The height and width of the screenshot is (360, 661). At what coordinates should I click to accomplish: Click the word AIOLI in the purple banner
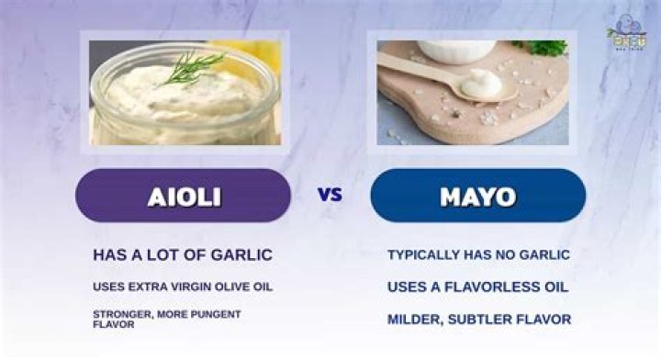[183, 196]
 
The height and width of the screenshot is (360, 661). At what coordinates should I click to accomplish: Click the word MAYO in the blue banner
[477, 196]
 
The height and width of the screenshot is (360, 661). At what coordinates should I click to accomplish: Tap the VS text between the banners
[330, 195]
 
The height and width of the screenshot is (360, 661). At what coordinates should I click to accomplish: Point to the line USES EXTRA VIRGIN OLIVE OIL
[183, 287]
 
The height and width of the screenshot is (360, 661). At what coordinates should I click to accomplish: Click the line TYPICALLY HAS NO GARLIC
[479, 254]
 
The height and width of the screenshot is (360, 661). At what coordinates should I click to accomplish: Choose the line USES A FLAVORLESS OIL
[477, 287]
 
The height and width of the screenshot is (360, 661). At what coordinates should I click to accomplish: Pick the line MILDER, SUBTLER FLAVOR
[479, 319]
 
